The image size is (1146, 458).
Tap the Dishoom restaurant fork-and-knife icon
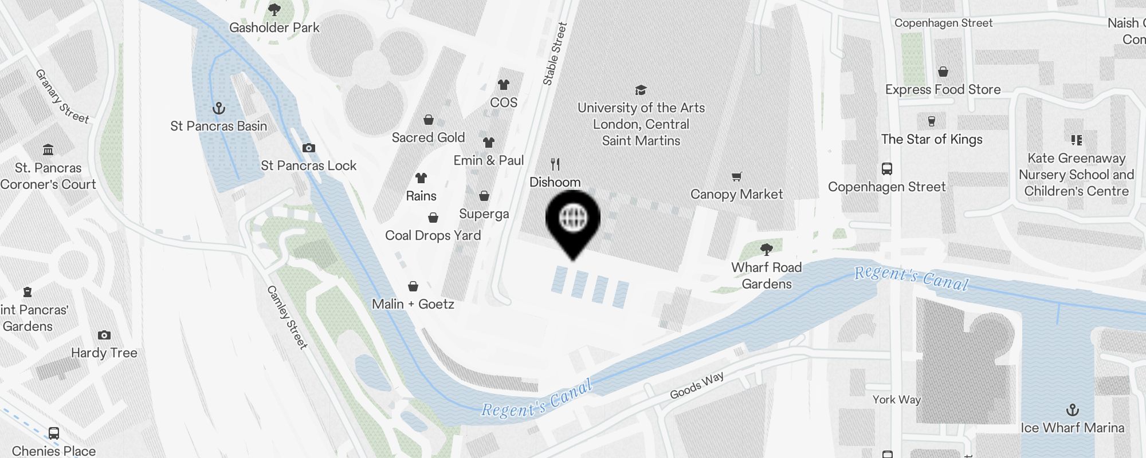555,165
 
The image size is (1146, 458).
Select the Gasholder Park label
274,27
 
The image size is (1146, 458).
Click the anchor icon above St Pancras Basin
219,108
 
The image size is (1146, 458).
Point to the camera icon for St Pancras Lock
309,148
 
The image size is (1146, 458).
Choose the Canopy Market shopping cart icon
737,177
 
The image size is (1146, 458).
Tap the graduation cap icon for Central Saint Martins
641,90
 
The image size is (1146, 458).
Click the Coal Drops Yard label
433,235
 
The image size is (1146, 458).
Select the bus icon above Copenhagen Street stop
887,169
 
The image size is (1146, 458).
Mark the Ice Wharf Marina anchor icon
1072,410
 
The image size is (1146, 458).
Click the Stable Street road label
555,54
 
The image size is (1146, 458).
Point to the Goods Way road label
697,385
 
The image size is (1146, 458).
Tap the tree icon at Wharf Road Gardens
767,250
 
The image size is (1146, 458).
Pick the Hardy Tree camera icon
104,335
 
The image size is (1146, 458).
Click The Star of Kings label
932,139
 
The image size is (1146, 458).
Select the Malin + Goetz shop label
413,304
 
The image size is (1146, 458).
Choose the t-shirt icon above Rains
421,178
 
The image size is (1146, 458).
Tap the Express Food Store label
943,89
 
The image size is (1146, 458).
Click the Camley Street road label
287,317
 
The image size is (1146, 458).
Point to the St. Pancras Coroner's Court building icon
48,150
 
